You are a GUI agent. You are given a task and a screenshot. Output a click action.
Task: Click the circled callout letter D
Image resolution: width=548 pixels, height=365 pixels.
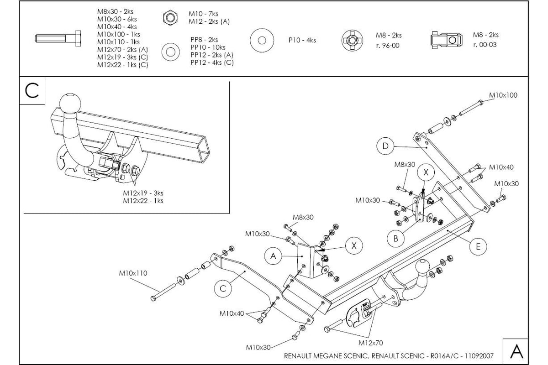click(x=385, y=146)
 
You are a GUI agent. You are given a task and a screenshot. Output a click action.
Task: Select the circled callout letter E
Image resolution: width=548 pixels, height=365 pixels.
click(x=478, y=247)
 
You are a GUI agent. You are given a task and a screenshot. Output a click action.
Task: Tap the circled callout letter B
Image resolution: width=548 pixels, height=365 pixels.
click(x=396, y=238)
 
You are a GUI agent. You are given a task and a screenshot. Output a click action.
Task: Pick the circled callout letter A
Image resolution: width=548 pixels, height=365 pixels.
click(x=273, y=256)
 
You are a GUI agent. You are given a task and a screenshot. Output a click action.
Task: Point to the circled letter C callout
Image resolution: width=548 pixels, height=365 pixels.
click(x=223, y=288)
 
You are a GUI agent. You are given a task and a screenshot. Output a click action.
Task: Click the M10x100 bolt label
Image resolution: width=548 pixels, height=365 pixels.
click(x=503, y=95)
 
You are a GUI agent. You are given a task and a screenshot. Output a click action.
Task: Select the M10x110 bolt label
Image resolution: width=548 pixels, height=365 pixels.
click(x=133, y=273)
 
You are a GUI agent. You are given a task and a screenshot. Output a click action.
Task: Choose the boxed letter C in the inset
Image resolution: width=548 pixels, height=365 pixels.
click(x=32, y=91)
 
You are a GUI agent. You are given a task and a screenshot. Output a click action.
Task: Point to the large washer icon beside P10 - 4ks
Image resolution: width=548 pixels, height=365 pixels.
click(x=262, y=40)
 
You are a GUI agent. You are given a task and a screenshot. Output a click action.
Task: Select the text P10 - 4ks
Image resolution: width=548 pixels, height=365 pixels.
click(x=302, y=40)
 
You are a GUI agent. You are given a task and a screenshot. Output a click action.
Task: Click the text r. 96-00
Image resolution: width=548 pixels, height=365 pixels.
click(x=388, y=46)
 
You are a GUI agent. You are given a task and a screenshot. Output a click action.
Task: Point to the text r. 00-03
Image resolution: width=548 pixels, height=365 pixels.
click(x=485, y=45)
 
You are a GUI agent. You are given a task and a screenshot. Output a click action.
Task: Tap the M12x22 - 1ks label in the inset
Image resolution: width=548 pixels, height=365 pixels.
click(x=143, y=201)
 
